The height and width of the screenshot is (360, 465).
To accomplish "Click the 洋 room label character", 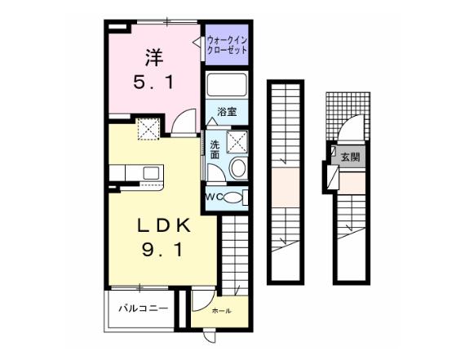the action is [154, 57].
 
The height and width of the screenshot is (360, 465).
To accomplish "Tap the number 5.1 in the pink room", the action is [153, 82].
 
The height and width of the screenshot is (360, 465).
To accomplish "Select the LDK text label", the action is [163, 227].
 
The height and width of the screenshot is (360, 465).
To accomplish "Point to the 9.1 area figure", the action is [162, 250].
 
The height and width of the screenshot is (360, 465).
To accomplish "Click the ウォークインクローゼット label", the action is [227, 45].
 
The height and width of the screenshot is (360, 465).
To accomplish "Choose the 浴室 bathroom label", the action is [227, 112].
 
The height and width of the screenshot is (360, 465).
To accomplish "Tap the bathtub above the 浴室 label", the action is [227, 85].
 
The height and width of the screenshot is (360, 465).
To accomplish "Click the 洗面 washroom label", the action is [215, 150].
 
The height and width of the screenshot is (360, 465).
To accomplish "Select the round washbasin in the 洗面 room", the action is [238, 168].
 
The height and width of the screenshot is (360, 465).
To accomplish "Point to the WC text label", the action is [214, 198].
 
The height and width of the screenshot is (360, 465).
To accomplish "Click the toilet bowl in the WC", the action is [232, 198].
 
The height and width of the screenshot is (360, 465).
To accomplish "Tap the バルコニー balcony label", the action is [144, 309].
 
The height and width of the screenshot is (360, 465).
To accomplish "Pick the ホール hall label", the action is [222, 311].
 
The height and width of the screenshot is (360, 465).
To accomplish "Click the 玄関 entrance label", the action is [350, 157].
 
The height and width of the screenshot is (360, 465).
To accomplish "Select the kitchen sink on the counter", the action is [151, 173].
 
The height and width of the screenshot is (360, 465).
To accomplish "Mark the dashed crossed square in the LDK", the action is [148, 129].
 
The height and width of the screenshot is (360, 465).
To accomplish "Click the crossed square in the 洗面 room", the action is [237, 142].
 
